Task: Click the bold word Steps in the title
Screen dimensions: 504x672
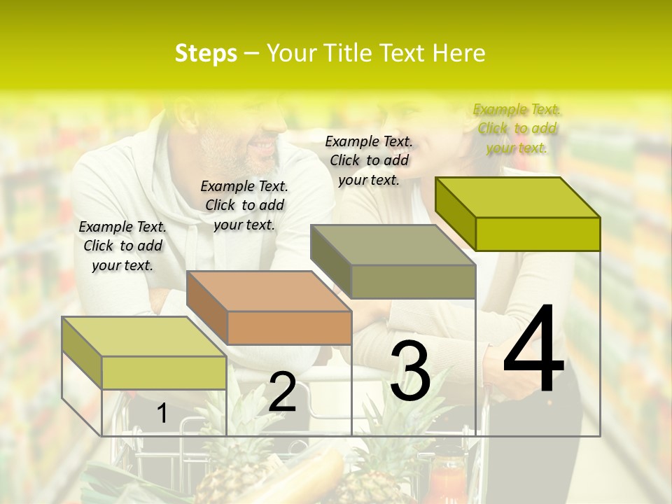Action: pyautogui.click(x=205, y=53)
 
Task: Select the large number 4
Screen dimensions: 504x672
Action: pyautogui.click(x=533, y=350)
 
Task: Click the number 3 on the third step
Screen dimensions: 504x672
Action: pyautogui.click(x=410, y=372)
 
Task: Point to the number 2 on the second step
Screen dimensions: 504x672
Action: pyautogui.click(x=282, y=392)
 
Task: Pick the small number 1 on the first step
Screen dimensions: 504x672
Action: pyautogui.click(x=162, y=414)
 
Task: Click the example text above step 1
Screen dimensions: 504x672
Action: pyautogui.click(x=122, y=246)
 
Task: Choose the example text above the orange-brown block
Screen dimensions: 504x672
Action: pyautogui.click(x=244, y=205)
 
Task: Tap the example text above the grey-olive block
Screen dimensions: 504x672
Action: pyautogui.click(x=369, y=160)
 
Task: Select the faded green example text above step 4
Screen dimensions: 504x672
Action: pyautogui.click(x=517, y=128)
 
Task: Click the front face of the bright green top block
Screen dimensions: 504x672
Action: pyautogui.click(x=538, y=234)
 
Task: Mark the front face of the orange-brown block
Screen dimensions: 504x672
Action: pyautogui.click(x=289, y=328)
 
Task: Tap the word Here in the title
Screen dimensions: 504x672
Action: pyautogui.click(x=458, y=53)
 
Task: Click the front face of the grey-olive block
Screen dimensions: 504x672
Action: pyautogui.click(x=413, y=281)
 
